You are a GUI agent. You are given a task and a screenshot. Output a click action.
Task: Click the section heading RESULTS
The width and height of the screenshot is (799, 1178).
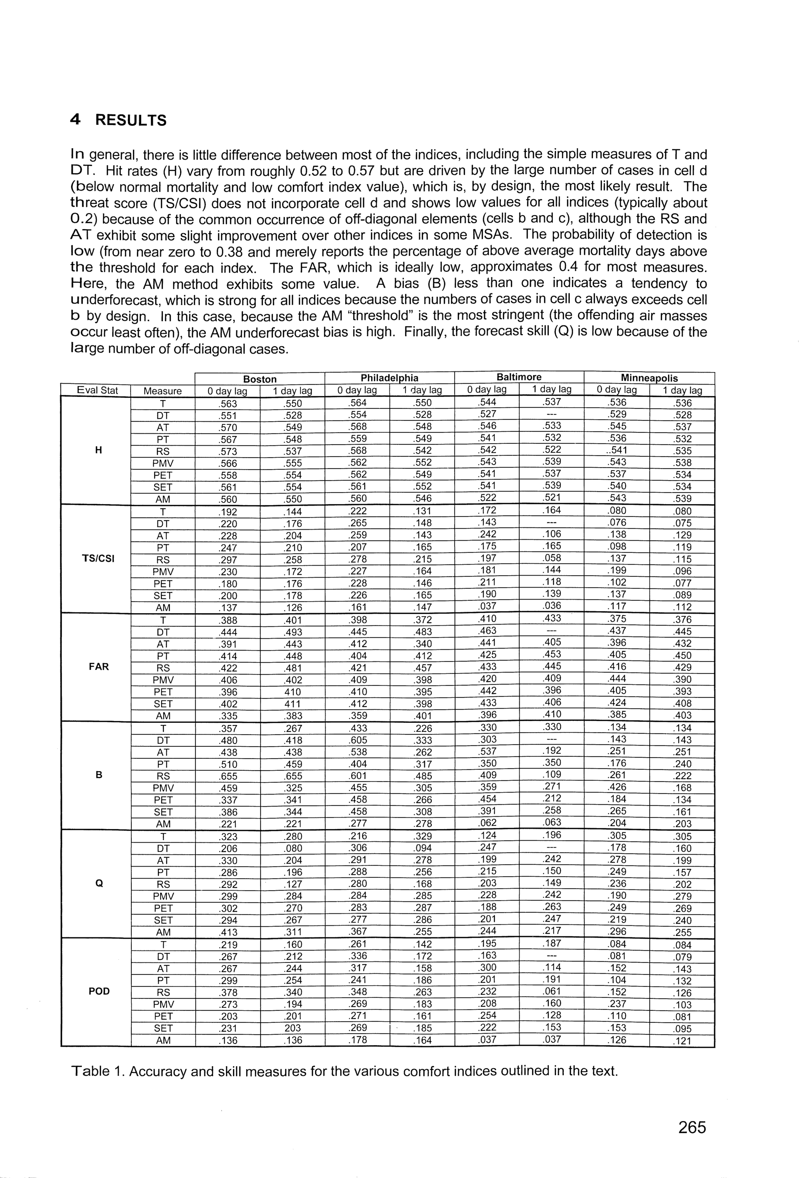[131, 121]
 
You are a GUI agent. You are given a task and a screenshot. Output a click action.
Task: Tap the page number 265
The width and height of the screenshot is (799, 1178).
[692, 1127]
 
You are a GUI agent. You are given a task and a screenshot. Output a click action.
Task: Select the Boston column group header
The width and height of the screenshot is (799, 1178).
[260, 379]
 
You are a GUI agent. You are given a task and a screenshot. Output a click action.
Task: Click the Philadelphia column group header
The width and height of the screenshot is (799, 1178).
[389, 378]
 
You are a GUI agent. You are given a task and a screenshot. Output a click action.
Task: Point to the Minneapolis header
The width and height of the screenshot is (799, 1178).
[649, 378]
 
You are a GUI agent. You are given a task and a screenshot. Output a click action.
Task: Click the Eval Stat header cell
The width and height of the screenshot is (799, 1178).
[97, 390]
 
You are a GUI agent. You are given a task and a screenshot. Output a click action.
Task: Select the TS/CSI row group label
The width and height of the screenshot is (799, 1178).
[98, 558]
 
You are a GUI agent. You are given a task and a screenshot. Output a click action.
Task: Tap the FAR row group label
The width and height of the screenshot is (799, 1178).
[98, 667]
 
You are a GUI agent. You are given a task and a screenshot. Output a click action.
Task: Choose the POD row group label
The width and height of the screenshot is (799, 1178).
[99, 991]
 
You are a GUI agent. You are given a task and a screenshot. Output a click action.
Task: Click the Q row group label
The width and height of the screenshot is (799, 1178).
[99, 883]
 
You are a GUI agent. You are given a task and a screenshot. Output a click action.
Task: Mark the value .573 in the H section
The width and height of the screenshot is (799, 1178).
[227, 451]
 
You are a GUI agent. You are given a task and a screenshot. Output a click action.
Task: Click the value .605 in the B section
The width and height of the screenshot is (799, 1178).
[357, 740]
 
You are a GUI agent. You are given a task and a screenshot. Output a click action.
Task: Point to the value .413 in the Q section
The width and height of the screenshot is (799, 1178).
[227, 932]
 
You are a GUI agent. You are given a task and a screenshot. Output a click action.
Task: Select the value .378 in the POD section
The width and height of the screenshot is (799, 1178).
[227, 992]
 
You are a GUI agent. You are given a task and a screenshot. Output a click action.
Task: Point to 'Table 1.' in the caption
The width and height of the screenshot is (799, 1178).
[98, 1071]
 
